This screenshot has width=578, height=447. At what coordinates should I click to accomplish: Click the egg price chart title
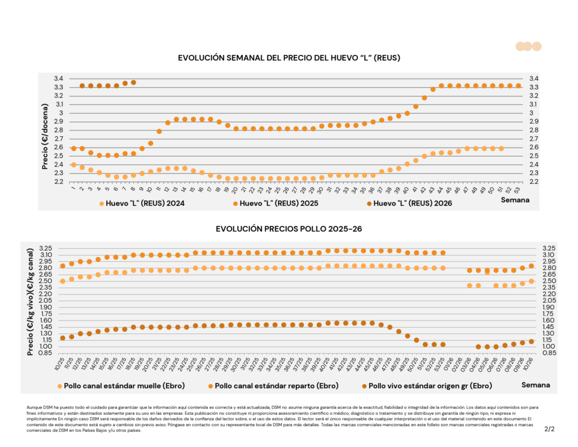tap(289, 58)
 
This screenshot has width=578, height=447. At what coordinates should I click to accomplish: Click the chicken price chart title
tap(288, 229)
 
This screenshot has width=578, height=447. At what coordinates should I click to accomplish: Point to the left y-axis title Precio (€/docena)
tap(45, 130)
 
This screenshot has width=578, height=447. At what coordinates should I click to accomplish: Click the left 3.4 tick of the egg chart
tap(58, 79)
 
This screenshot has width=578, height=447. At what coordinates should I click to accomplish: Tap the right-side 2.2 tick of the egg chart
tap(533, 181)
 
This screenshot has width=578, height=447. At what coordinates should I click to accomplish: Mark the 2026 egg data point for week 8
tap(134, 83)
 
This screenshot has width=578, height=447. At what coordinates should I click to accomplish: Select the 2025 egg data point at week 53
tap(518, 86)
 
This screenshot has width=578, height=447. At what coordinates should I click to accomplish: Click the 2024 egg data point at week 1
tap(74, 164)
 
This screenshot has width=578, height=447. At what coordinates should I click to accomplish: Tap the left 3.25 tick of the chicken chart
tap(45, 248)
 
